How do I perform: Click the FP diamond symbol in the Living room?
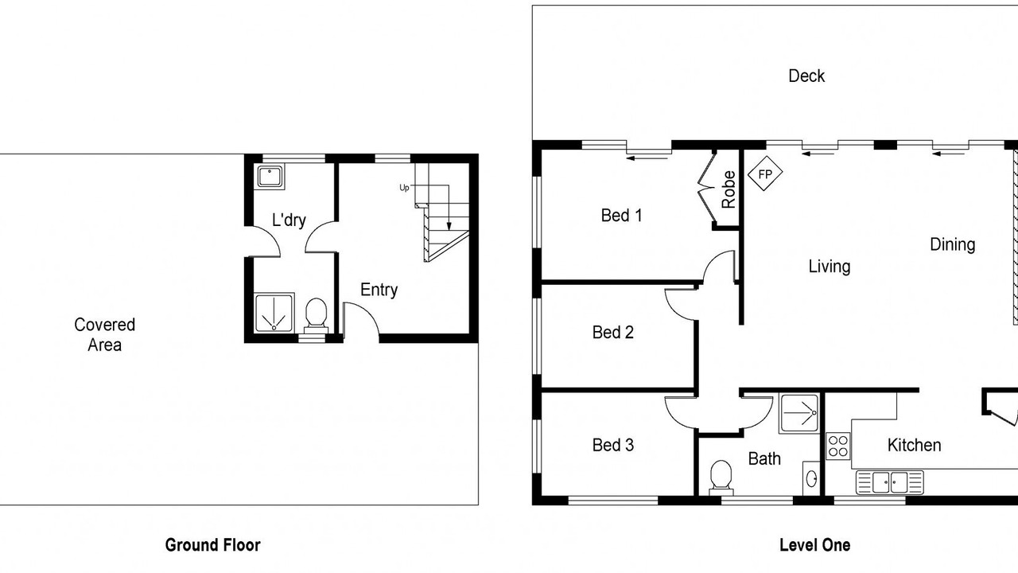tap(765, 173)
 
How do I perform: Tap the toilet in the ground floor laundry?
tap(316, 318)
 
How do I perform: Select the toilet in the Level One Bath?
tap(721, 477)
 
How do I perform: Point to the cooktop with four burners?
tap(838, 446)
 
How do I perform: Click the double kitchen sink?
tap(889, 482)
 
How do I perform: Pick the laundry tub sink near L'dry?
tap(270, 177)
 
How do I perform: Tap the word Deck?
tap(806, 76)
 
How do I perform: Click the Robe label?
tap(728, 189)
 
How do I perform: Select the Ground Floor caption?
tap(212, 545)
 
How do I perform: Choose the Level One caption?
tap(815, 545)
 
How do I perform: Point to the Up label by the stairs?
tap(404, 187)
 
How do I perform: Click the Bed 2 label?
tap(612, 332)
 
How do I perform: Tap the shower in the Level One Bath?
tap(799, 413)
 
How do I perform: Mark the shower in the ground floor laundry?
tap(274, 313)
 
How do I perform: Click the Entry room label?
tap(379, 290)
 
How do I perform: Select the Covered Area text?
tap(104, 335)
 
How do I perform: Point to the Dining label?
tap(952, 244)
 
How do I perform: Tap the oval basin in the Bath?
tap(811, 478)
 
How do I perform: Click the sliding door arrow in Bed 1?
tap(647, 158)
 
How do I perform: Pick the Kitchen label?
tap(914, 445)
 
